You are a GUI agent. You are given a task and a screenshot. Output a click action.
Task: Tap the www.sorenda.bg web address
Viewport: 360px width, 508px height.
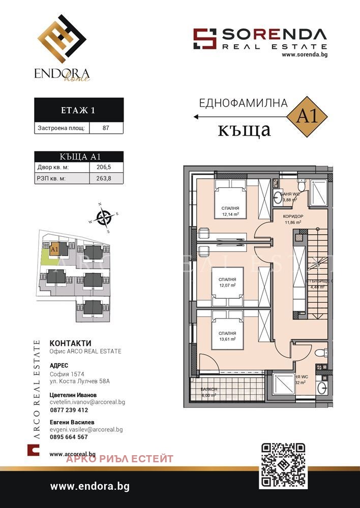[x=304, y=54]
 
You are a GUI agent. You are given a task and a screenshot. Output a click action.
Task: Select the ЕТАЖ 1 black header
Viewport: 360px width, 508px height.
[x=78, y=109]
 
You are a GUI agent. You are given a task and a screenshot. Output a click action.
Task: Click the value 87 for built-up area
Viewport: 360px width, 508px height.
[x=106, y=128]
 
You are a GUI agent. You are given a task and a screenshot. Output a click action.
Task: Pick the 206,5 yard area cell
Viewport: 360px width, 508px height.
[x=106, y=167]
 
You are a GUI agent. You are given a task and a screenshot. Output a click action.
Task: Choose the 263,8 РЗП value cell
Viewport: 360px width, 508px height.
[x=106, y=178]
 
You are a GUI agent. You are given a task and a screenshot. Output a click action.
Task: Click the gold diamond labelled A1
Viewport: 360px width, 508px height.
[x=307, y=116]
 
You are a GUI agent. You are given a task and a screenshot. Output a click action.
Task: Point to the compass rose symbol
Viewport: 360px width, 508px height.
[x=104, y=218]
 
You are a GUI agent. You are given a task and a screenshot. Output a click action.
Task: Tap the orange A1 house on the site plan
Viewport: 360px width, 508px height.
[x=54, y=249]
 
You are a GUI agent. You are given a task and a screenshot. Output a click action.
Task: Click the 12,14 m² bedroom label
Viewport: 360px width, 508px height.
[x=230, y=211]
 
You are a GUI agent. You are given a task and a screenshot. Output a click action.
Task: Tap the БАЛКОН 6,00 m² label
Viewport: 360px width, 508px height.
[x=208, y=392]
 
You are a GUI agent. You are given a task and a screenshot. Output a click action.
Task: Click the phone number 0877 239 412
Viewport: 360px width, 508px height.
[x=69, y=410]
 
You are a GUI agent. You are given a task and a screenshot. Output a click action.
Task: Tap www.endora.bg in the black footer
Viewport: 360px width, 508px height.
[x=89, y=486]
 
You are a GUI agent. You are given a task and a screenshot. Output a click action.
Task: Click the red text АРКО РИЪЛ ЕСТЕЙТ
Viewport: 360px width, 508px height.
[x=120, y=459]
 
